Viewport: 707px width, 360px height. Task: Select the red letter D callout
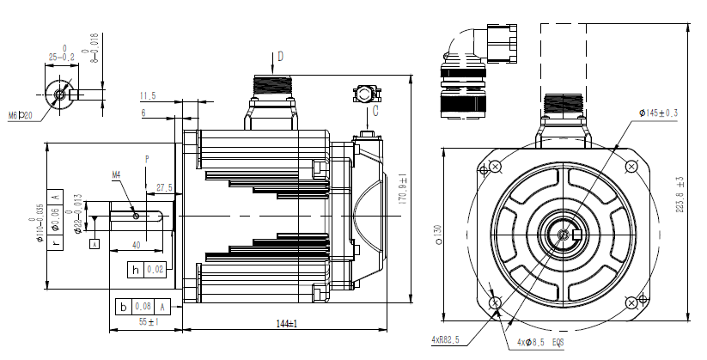[x=279, y=58]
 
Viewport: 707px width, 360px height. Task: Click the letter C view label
[x=375, y=110]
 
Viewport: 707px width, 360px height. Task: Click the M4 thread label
[x=117, y=174]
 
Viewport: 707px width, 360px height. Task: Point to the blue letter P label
[x=147, y=160]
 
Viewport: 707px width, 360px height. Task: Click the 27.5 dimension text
[x=164, y=187]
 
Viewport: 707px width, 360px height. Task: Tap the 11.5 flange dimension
[x=147, y=95]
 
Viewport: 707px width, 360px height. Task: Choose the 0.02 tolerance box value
[x=155, y=270]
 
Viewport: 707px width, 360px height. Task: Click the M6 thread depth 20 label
[x=20, y=113]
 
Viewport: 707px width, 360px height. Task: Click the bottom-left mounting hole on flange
[x=494, y=302]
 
